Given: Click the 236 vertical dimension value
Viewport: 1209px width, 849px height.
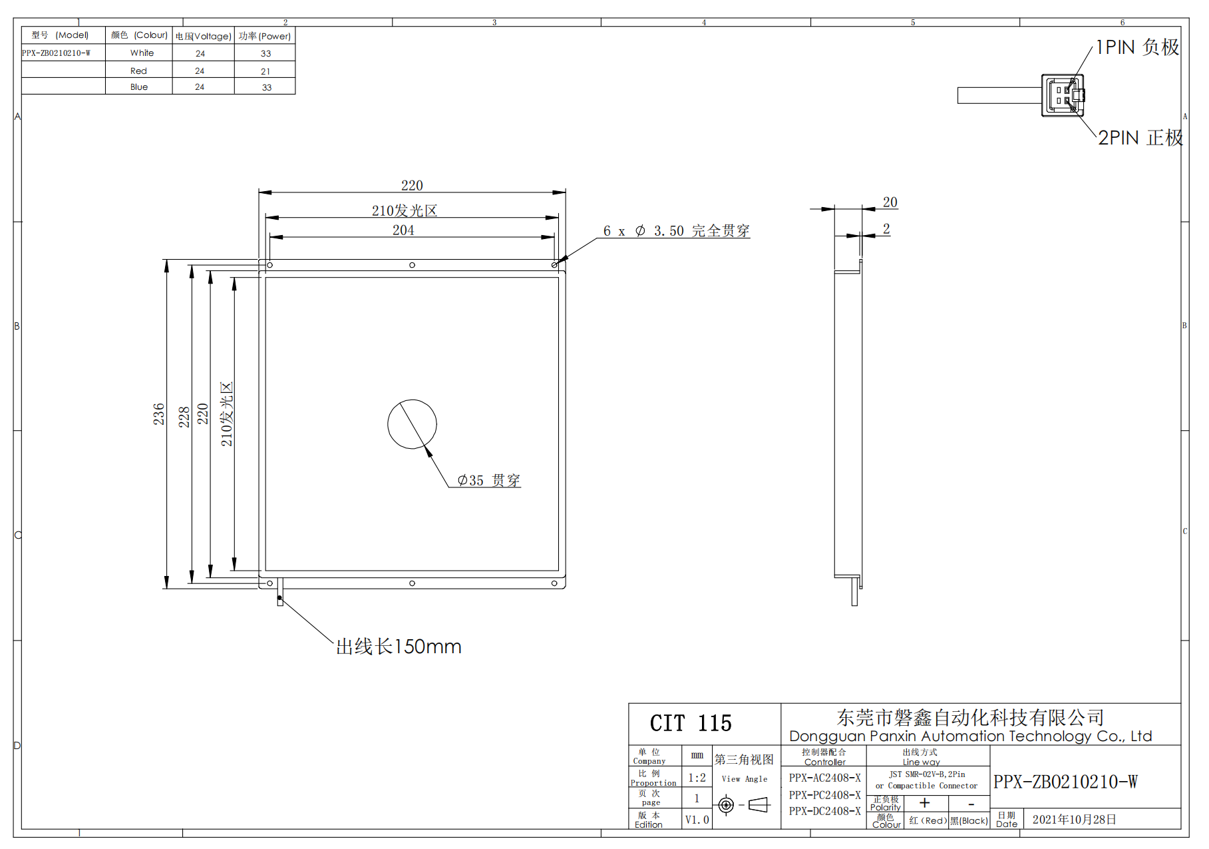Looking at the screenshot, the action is click(x=158, y=414).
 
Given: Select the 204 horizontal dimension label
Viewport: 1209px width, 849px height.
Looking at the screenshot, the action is click(x=403, y=230).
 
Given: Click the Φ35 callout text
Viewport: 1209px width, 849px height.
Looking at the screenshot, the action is click(x=489, y=480).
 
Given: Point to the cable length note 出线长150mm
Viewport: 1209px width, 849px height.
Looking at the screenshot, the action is click(x=399, y=647).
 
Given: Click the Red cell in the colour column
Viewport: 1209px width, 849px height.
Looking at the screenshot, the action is click(x=138, y=71).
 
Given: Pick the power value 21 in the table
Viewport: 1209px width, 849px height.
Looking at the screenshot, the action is click(x=265, y=71).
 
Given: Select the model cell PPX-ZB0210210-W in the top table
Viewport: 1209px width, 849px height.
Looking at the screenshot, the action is click(x=56, y=53).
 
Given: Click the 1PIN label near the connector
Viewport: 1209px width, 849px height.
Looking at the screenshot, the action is click(x=1138, y=47).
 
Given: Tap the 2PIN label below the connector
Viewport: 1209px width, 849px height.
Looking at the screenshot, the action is click(x=1140, y=138).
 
